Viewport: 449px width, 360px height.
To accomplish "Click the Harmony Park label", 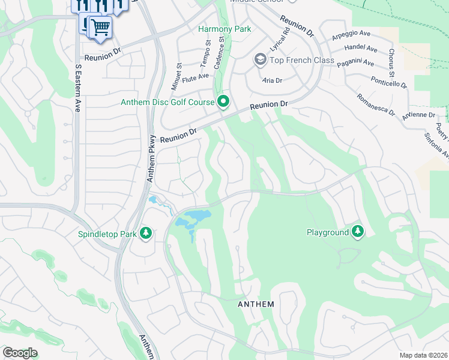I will point(224,28).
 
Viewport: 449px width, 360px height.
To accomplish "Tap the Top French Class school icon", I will point(260,60).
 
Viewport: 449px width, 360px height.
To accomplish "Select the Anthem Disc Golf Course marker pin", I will point(224,101).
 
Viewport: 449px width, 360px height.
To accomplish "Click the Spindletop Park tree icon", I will point(145,233).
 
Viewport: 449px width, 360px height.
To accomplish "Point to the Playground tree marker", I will point(358,232).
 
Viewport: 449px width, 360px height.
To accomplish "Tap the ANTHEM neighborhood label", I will point(256,304).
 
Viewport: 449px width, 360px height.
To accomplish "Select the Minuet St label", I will point(176,76).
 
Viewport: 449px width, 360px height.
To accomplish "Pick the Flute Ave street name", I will point(196,77).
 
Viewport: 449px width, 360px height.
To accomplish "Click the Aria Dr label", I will point(272,80).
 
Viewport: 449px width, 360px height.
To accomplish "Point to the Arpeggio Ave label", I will point(352,38).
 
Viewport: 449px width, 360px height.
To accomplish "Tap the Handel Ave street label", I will point(361,49).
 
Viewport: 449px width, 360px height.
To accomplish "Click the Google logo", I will point(20,353).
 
